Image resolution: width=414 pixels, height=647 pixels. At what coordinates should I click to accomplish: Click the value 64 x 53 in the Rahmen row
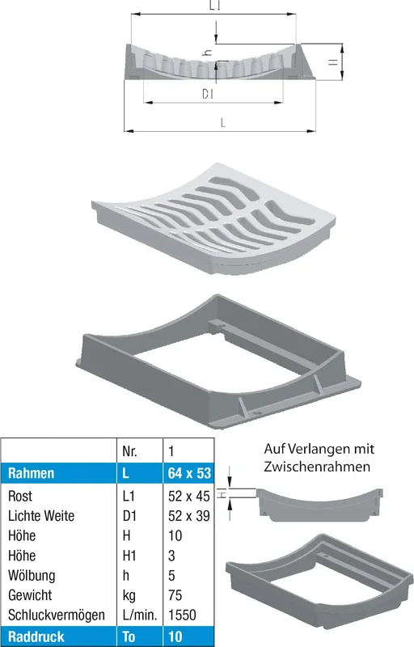[189, 473]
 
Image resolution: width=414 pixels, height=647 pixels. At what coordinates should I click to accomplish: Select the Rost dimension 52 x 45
[189, 496]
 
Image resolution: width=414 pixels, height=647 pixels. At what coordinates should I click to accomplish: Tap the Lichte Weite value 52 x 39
[189, 516]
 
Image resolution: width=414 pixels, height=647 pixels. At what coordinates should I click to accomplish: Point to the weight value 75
[175, 595]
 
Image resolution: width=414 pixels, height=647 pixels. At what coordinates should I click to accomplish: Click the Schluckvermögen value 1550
[182, 615]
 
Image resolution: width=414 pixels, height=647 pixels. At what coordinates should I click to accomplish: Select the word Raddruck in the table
[36, 636]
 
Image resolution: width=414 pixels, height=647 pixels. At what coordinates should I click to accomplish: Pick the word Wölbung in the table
[32, 575]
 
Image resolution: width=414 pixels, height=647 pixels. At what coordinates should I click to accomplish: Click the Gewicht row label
[30, 595]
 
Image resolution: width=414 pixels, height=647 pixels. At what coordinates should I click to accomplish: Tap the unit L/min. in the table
[140, 615]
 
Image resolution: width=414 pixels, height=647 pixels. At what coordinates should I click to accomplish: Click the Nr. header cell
[129, 451]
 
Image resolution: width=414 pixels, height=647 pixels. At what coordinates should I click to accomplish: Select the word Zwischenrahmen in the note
[317, 467]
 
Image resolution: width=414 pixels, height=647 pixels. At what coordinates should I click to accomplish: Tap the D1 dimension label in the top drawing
[208, 94]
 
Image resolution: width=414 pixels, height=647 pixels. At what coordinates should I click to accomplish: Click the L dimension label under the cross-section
[223, 123]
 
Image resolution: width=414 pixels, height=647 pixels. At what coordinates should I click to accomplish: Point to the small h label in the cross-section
[209, 53]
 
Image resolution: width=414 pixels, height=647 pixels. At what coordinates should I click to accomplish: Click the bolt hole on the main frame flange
[257, 412]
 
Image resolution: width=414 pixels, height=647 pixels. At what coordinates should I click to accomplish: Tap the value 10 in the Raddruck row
[175, 636]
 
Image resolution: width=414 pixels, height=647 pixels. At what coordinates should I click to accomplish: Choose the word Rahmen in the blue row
[31, 473]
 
